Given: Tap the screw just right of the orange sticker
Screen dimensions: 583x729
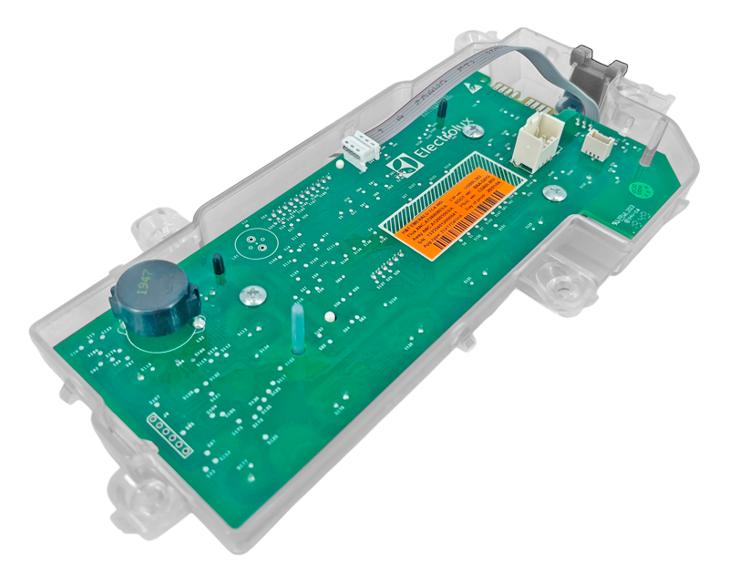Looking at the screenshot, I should click(549, 192).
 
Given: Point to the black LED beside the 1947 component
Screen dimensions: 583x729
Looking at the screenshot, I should click(218, 264).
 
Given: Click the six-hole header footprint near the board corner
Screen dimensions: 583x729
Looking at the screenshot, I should click(169, 433).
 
